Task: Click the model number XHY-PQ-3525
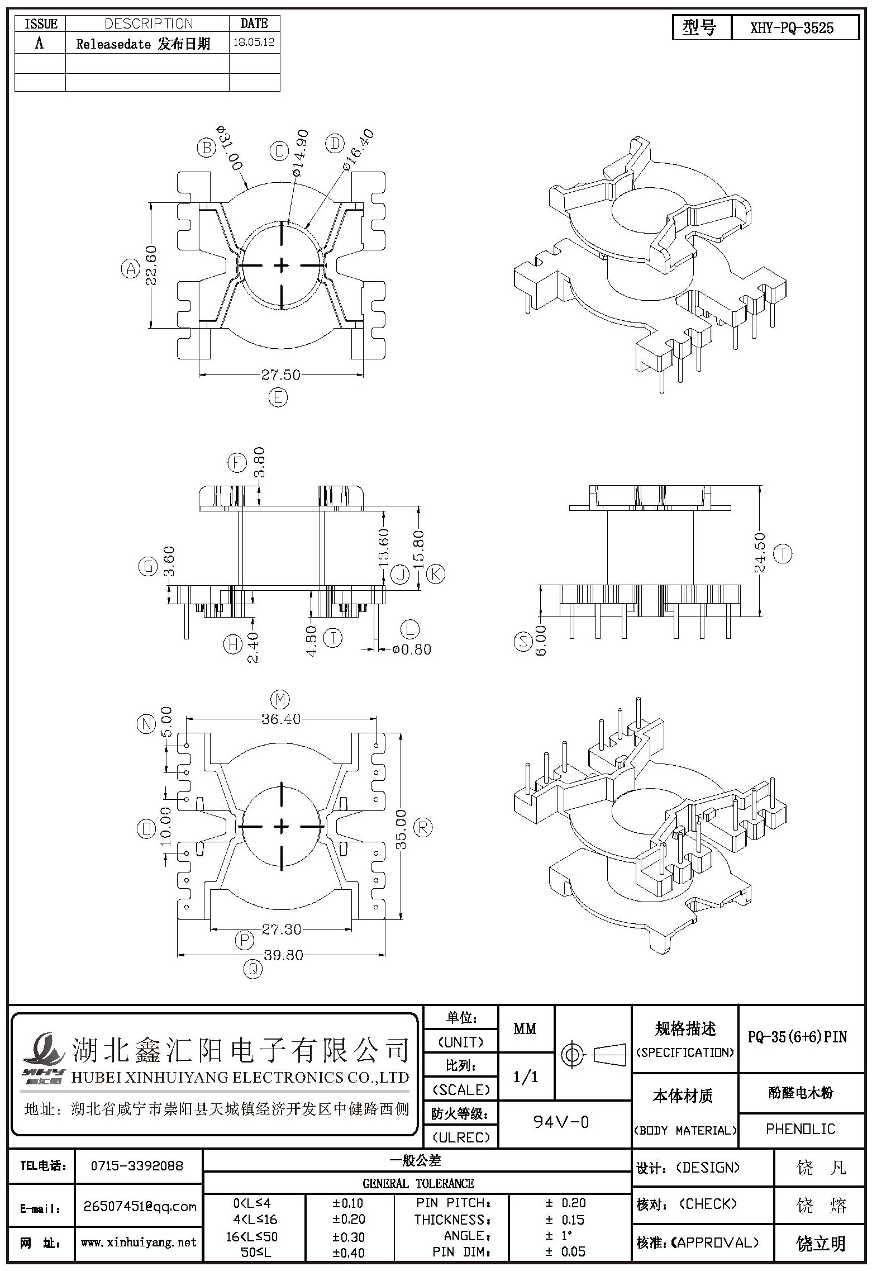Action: point(792,28)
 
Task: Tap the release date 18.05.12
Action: point(254,42)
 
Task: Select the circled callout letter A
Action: point(130,269)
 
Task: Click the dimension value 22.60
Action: point(151,265)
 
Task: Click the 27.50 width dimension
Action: point(281,374)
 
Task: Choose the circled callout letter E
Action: point(278,397)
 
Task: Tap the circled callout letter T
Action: point(783,554)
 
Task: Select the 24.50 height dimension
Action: point(760,553)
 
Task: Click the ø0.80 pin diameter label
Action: point(412,650)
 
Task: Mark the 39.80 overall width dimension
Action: point(283,955)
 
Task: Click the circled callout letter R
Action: point(423,827)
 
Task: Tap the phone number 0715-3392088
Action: point(137,1165)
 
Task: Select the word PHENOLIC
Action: point(800,1128)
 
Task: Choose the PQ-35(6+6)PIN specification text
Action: point(797,1037)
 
